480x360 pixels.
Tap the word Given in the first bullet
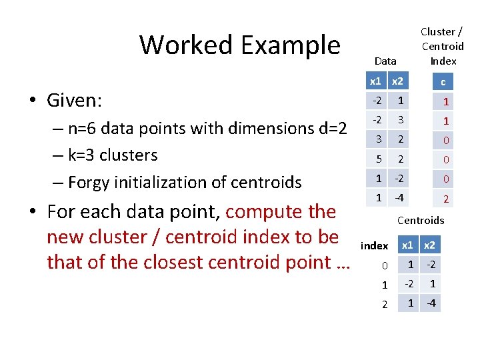point(73,101)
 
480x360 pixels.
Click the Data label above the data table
point(385,61)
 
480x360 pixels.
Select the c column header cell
point(443,83)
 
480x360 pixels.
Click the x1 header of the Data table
point(376,81)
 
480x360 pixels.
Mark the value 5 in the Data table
point(379,159)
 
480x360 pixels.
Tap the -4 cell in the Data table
point(399,198)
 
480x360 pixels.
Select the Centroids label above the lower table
point(420,220)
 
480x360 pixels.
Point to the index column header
point(374,246)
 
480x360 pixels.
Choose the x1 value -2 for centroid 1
point(409,284)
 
